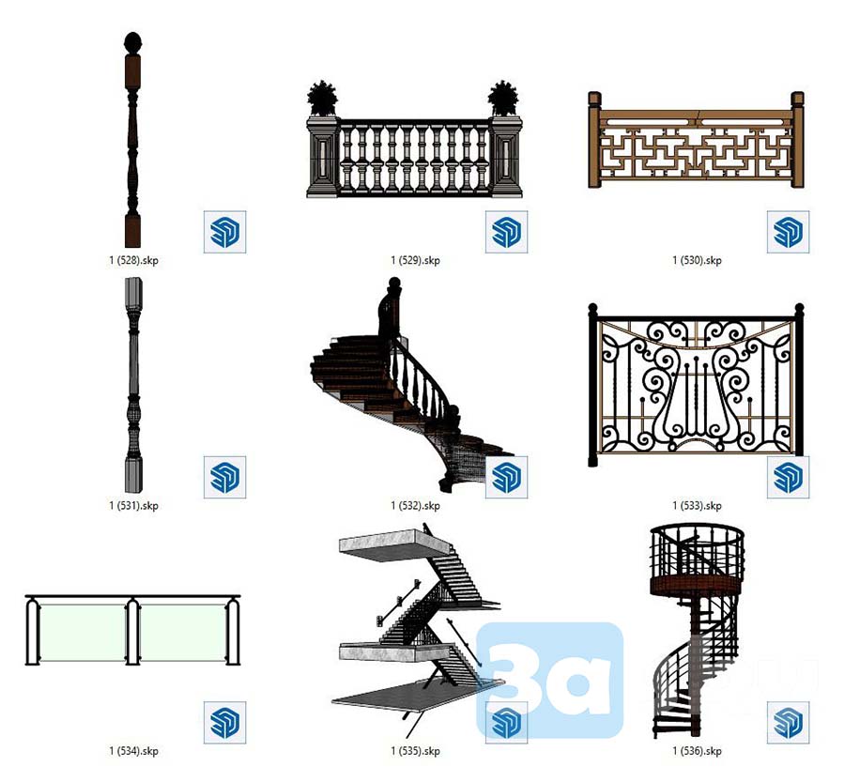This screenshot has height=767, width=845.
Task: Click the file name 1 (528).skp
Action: (x=133, y=260)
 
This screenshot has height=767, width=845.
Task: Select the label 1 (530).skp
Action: (x=697, y=260)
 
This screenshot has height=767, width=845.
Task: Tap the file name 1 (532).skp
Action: (x=415, y=506)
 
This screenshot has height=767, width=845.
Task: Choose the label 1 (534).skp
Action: (x=133, y=751)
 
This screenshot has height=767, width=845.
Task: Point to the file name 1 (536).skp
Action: (x=697, y=751)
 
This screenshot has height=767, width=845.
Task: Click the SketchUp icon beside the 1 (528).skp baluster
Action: (x=224, y=232)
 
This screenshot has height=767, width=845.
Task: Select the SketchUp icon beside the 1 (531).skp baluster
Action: (x=224, y=477)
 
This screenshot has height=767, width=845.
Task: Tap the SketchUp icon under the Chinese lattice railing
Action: (x=788, y=232)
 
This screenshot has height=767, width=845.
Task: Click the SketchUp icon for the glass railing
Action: (x=224, y=722)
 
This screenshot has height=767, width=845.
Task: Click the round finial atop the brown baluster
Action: (x=132, y=42)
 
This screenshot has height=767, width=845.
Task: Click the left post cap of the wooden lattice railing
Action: (x=594, y=100)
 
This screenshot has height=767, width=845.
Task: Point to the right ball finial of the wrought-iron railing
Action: (x=799, y=308)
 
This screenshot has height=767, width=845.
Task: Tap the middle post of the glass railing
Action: (x=132, y=631)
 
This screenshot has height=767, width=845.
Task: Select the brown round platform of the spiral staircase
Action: (x=697, y=584)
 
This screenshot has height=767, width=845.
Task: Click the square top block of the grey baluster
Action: (x=133, y=292)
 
